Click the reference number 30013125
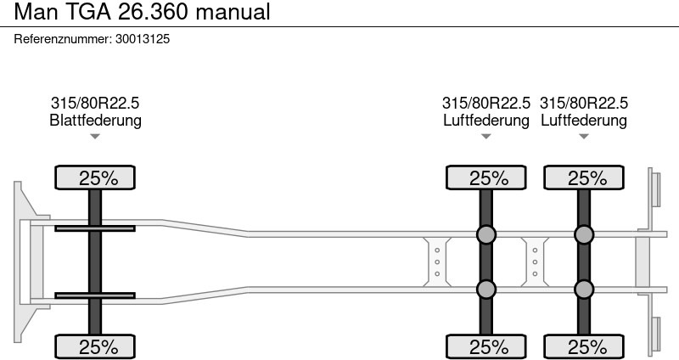tap(143, 39)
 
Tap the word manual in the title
tap(233, 12)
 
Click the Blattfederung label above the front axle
tap(95, 120)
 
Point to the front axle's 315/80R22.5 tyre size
tap(95, 103)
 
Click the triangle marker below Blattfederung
tap(95, 137)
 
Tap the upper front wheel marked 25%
tap(95, 177)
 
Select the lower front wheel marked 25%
tap(95, 346)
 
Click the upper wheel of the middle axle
tap(485, 177)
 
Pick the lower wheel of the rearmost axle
tap(584, 346)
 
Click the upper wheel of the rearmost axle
tap(584, 177)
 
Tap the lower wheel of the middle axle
tap(485, 346)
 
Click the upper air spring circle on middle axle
tap(485, 234)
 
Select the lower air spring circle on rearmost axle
tap(584, 289)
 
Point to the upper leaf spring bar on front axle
tap(95, 228)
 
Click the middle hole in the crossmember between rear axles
tap(535, 262)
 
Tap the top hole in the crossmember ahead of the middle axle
tap(437, 250)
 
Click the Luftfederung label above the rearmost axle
tap(584, 120)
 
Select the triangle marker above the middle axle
tap(485, 137)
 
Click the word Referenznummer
tap(63, 39)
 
